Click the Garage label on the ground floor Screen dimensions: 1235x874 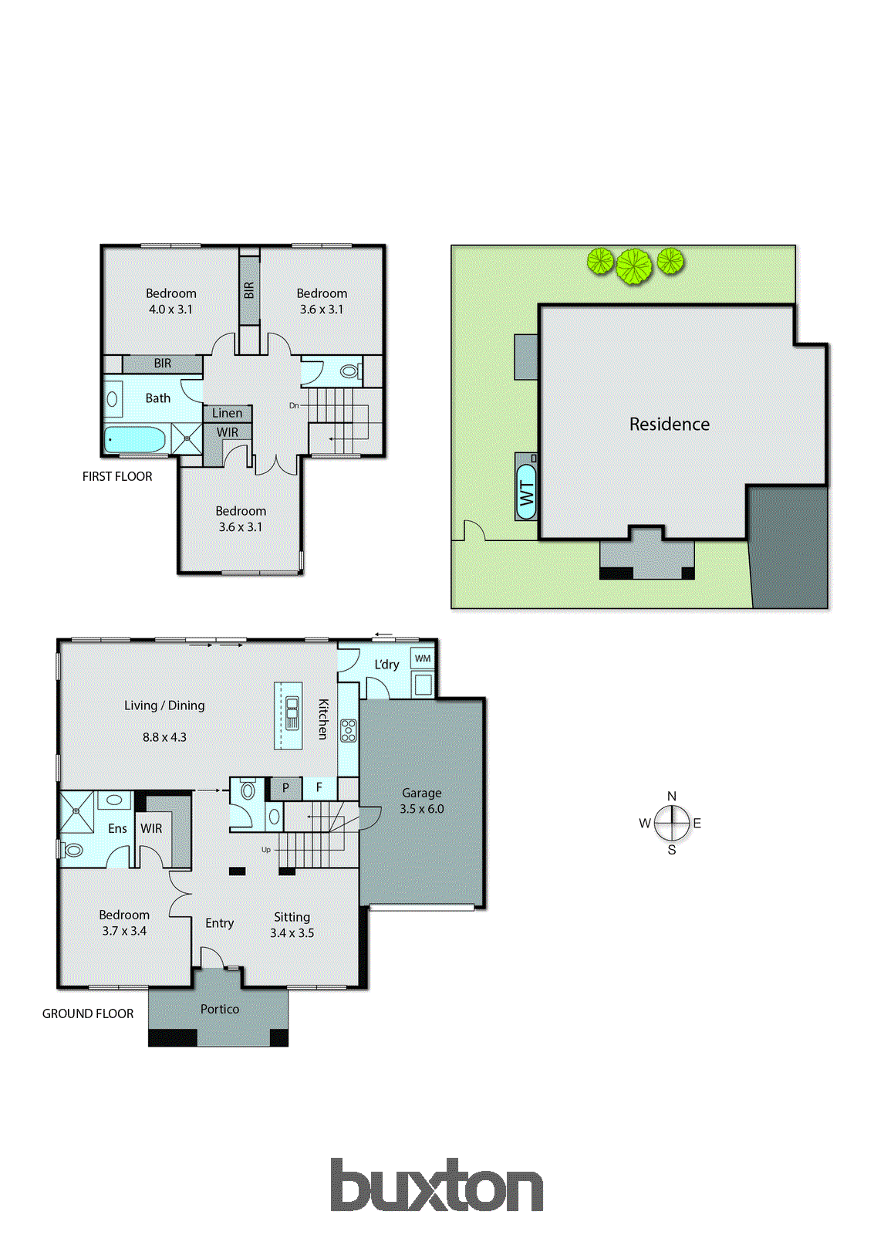[421, 793]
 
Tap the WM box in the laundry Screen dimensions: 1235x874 [423, 658]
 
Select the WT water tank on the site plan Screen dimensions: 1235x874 [527, 492]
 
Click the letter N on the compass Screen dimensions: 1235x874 [672, 796]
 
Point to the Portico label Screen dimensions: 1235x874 [220, 1009]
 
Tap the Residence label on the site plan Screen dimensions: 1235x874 [669, 424]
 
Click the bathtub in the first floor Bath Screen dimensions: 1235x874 [134, 440]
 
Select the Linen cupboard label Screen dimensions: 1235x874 [228, 413]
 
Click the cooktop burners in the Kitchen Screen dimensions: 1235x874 [349, 730]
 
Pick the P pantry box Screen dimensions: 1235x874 [285, 788]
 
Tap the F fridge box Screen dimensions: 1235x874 [319, 788]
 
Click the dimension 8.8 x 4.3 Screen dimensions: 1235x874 [164, 737]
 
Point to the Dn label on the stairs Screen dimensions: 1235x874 [294, 405]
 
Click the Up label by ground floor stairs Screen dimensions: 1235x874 [266, 849]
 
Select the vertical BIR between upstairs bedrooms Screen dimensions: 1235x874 [249, 291]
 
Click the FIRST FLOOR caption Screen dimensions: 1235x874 [117, 476]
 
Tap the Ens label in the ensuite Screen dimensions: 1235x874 [117, 828]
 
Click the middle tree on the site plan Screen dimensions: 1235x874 [634, 266]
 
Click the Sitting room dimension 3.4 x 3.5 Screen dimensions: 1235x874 [292, 932]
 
